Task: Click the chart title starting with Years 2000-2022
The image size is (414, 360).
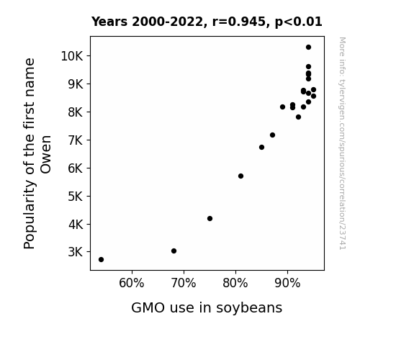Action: point(207,22)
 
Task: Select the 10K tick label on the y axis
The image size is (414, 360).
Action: point(72,56)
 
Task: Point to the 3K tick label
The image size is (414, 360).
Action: point(76,252)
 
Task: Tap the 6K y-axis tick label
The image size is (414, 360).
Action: point(76,168)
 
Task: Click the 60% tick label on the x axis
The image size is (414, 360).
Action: point(132,283)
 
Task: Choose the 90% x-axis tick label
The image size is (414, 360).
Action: point(287,283)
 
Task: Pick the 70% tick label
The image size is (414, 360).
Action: point(184,283)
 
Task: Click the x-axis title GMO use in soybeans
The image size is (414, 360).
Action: point(207,308)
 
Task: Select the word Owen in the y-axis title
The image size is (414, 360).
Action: point(46,155)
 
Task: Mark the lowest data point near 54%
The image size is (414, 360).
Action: point(101,260)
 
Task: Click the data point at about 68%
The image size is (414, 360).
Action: point(174,251)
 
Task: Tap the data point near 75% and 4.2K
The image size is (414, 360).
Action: point(210,218)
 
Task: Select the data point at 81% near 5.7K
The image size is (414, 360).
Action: point(240,176)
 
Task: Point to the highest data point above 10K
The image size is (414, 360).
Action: point(308,48)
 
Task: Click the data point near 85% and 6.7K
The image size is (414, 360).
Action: point(261,147)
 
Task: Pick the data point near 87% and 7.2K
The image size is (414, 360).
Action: point(272,135)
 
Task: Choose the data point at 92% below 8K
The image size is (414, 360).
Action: point(298,117)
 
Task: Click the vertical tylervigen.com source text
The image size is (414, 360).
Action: point(342,143)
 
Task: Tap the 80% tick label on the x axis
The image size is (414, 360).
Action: point(235,283)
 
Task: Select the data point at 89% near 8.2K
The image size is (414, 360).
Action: point(282,107)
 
